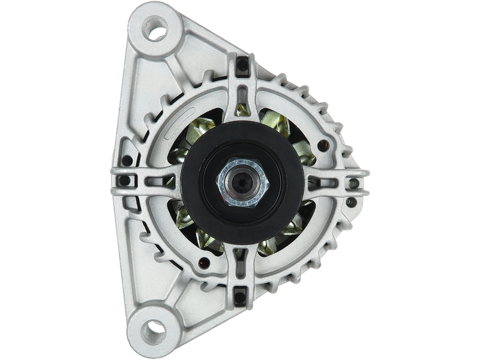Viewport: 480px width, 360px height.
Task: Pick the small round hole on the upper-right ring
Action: coord(326,143)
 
